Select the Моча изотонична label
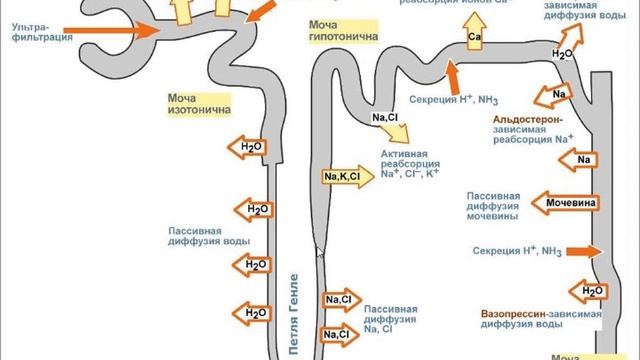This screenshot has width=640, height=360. click(x=200, y=104)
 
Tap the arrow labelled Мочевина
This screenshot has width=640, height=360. click(x=571, y=203)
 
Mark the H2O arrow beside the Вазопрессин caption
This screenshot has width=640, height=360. click(x=588, y=291)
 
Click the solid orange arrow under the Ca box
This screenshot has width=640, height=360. click(x=452, y=75)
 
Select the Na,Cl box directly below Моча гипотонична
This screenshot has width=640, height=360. click(x=384, y=118)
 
